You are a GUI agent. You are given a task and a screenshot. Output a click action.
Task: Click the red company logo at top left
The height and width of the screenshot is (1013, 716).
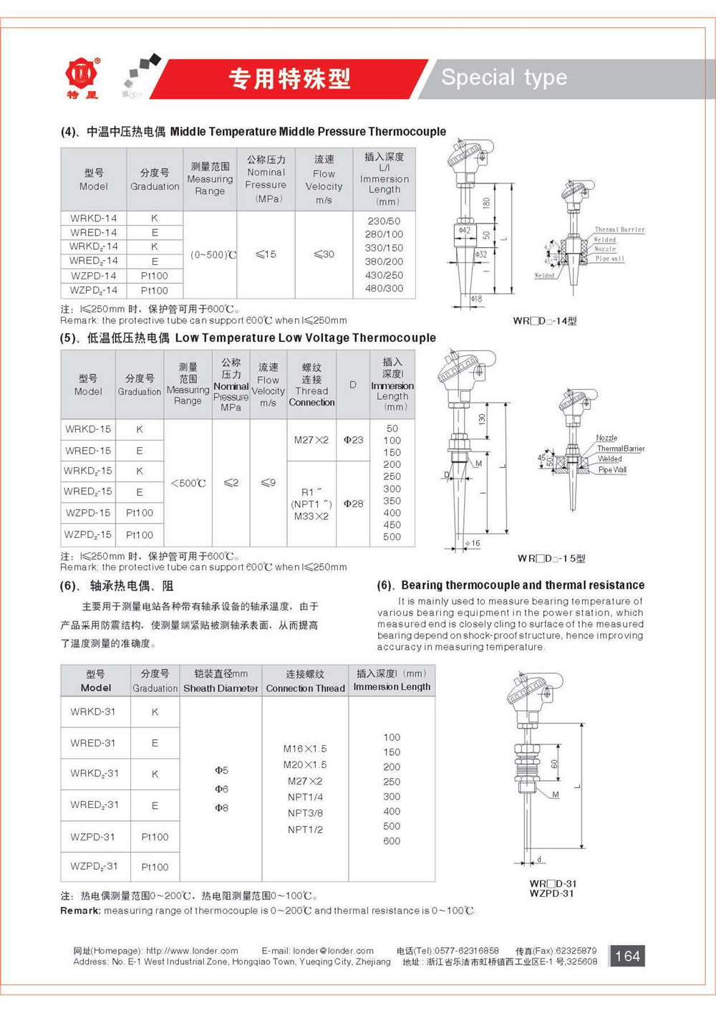tap(82, 76)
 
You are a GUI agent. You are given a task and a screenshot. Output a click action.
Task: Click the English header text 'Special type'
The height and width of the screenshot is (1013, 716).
tap(504, 77)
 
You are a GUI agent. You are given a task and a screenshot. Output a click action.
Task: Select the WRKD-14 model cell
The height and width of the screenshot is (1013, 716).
tap(93, 218)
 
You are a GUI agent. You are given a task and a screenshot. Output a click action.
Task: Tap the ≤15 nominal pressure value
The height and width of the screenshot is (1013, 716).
tap(266, 254)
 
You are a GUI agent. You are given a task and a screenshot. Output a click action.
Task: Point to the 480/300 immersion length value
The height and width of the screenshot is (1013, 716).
tap(384, 289)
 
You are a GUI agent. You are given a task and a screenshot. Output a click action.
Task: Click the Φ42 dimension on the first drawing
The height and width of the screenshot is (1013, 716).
tap(465, 231)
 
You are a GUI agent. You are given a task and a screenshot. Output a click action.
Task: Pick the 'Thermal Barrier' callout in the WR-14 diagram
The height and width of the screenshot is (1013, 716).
tap(619, 230)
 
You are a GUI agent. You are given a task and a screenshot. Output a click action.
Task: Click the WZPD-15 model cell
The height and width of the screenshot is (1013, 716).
tap(88, 513)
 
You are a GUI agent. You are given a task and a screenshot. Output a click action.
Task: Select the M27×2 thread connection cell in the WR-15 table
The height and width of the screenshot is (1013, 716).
tap(311, 440)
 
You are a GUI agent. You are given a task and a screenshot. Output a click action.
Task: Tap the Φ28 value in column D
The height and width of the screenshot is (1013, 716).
tap(353, 504)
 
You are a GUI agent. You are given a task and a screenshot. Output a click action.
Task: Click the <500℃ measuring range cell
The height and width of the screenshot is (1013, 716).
tap(188, 484)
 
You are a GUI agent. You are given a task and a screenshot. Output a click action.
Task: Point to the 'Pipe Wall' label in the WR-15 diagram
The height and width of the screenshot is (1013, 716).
tap(612, 470)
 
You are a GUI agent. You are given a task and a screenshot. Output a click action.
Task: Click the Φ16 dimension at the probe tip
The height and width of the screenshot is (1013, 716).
tap(473, 544)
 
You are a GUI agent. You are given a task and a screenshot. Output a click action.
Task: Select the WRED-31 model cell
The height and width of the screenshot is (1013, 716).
tap(93, 743)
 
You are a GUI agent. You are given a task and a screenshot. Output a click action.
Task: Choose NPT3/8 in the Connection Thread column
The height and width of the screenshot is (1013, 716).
tap(305, 813)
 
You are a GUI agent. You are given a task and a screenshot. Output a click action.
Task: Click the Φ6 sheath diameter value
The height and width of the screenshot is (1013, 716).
tap(221, 789)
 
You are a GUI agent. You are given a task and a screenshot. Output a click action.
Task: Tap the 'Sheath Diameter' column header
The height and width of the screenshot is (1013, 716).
tap(221, 688)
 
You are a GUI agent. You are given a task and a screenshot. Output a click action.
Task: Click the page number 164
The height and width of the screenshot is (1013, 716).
tap(627, 956)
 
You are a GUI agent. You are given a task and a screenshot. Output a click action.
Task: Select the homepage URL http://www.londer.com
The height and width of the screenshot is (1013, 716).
tap(192, 951)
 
